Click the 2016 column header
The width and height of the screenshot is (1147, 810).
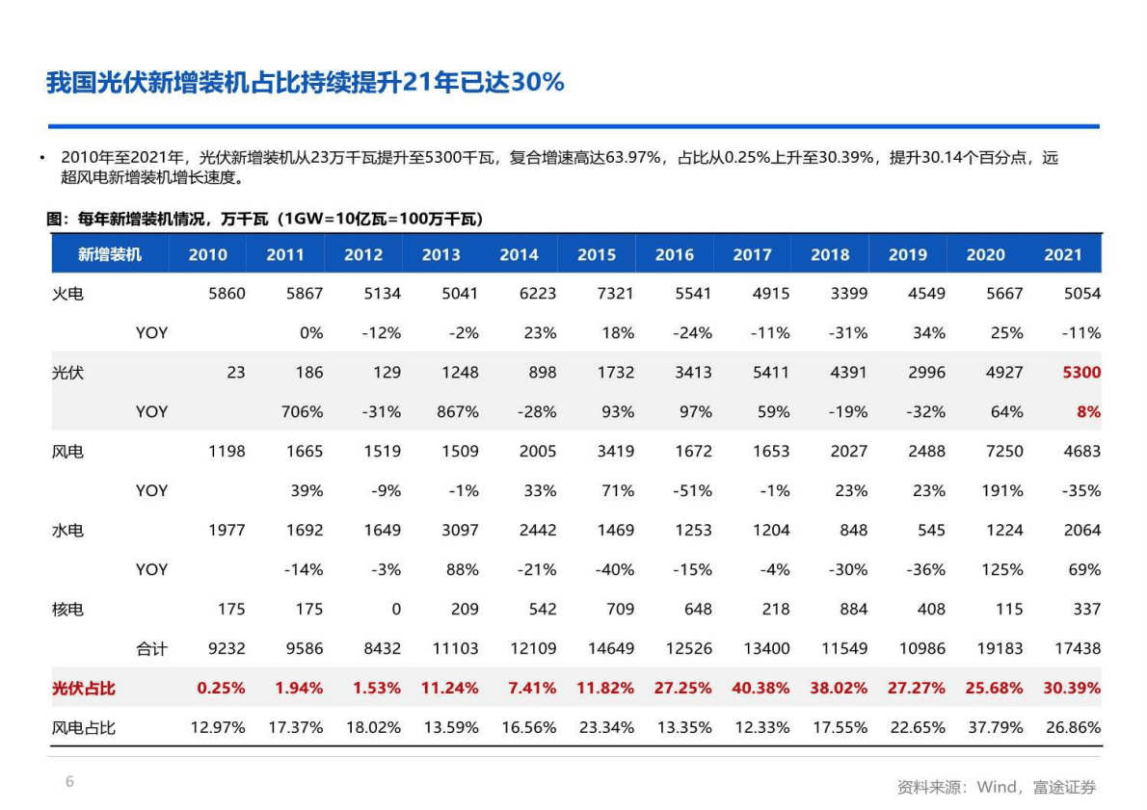(675, 255)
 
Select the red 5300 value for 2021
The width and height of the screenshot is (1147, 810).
(1081, 373)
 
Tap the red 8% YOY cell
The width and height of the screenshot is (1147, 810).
(1088, 412)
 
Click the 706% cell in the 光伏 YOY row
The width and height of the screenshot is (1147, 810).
(302, 412)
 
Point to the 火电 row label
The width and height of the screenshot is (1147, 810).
(67, 294)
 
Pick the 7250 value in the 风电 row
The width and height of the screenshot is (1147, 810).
(1003, 452)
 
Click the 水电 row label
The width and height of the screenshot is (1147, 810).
(67, 531)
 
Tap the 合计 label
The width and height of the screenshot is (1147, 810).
(151, 649)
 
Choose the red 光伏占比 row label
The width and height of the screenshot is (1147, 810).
(83, 689)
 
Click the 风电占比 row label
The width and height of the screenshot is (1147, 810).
(83, 728)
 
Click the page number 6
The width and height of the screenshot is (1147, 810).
(69, 781)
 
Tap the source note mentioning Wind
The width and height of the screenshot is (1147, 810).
(997, 787)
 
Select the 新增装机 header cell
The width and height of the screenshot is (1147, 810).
(110, 255)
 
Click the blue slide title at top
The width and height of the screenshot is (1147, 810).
(305, 83)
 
